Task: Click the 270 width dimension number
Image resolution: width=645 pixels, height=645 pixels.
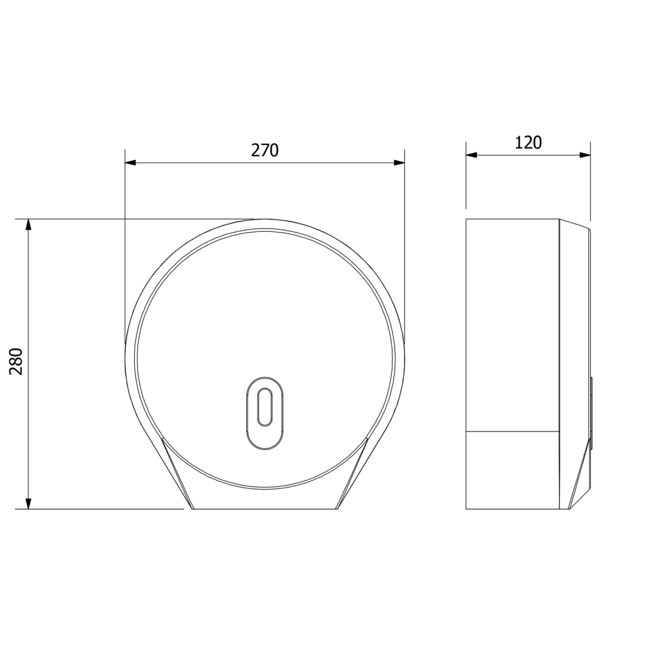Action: coord(265,151)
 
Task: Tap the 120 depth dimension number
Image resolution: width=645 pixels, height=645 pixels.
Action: coord(528,143)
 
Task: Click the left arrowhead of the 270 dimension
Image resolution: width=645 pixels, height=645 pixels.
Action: coord(130,163)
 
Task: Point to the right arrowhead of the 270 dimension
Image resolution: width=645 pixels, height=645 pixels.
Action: coord(399,163)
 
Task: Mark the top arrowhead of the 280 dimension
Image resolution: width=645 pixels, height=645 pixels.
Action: coord(28,225)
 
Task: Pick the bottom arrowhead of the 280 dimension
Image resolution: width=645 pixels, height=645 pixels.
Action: coord(28,503)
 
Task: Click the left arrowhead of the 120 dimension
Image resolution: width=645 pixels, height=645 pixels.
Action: coord(471,155)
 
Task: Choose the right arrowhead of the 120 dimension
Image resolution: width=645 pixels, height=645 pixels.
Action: coord(585,155)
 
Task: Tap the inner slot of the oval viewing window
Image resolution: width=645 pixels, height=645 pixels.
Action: coord(265,408)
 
